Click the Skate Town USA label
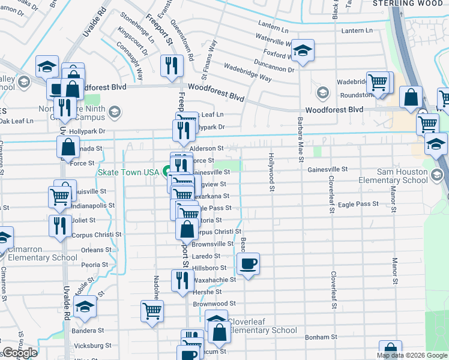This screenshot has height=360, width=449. (x=128, y=172)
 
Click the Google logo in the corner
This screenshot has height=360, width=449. (x=19, y=353)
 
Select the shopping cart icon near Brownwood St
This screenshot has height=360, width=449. (x=152, y=311)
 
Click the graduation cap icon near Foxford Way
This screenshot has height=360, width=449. (x=303, y=51)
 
